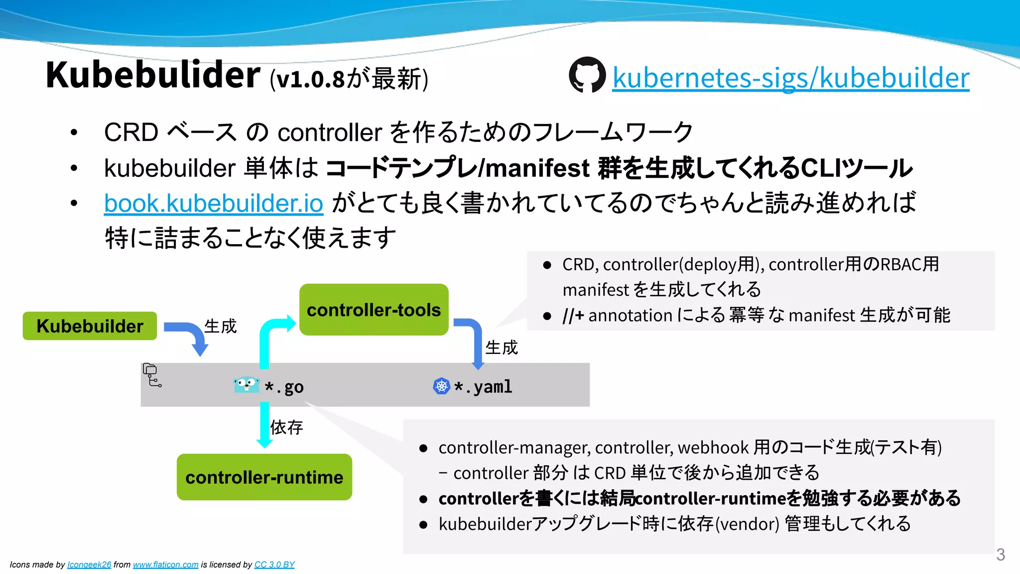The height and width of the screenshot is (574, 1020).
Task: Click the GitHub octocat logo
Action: (x=587, y=75)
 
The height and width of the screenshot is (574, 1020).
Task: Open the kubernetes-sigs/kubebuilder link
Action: (x=790, y=78)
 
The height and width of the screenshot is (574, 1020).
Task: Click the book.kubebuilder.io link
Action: (x=214, y=203)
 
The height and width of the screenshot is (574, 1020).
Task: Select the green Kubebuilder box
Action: (x=90, y=326)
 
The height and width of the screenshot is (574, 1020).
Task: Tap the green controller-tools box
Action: (x=374, y=309)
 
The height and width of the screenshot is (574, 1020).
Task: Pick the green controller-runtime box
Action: (x=264, y=477)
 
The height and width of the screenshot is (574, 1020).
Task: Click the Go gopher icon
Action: (x=246, y=385)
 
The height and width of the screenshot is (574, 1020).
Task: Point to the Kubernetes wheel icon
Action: (x=441, y=386)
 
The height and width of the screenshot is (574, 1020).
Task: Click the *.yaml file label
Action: (x=483, y=387)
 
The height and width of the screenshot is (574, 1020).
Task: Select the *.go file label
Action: (x=284, y=387)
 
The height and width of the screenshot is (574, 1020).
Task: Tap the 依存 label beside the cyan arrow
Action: (x=286, y=427)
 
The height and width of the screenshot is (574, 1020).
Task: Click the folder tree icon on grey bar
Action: (x=152, y=375)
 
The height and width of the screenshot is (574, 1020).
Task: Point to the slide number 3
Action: (x=1000, y=555)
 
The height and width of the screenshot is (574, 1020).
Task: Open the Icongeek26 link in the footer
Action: (x=89, y=565)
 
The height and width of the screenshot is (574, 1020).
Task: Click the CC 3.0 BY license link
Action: (x=274, y=565)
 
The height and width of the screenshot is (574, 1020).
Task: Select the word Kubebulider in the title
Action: (x=153, y=75)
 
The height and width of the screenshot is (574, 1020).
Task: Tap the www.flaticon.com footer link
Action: (x=165, y=565)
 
